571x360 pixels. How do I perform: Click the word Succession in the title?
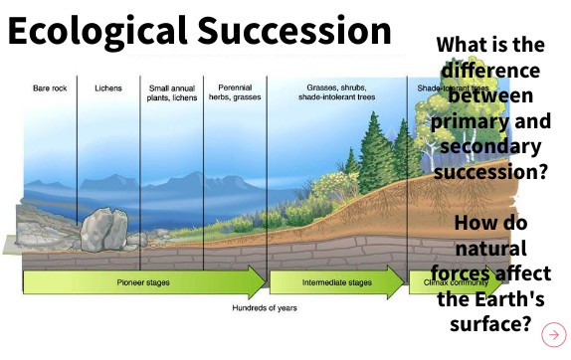pos(297,33)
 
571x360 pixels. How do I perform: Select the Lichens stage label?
pos(108,89)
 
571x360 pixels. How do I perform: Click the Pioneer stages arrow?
pos(144,282)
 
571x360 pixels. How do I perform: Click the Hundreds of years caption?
pos(264,308)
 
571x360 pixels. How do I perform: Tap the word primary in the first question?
pos(469,122)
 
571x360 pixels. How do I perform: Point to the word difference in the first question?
pos(491,72)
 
